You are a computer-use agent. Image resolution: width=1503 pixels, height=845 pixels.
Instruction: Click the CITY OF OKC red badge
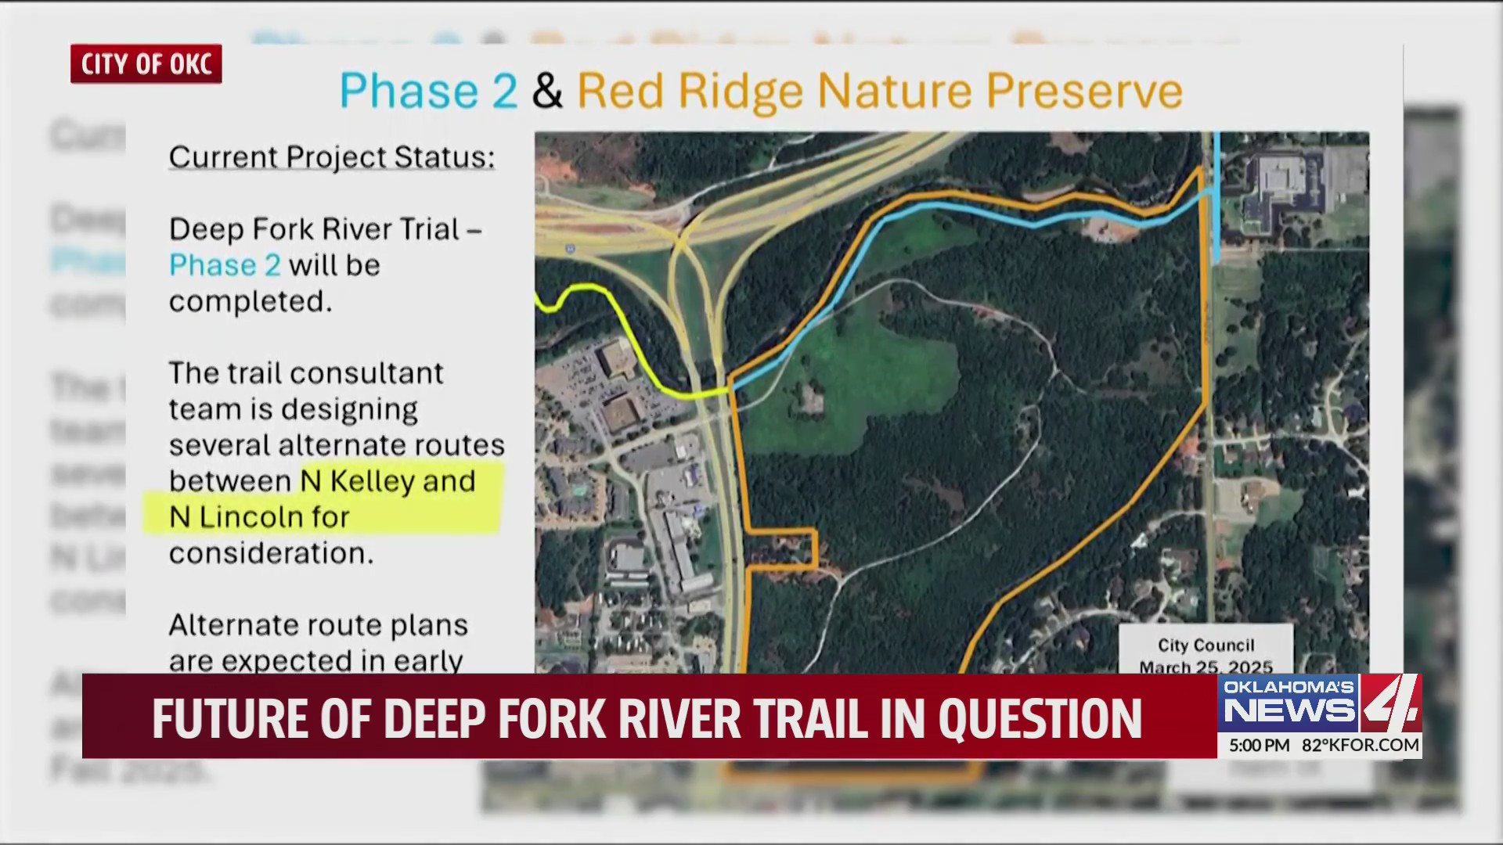point(146,63)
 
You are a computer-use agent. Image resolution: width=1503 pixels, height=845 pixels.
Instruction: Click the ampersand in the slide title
point(547,92)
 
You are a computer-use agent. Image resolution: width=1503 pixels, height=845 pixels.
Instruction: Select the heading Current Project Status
point(331,157)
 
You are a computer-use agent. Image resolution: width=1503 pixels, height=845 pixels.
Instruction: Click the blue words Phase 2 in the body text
point(225,265)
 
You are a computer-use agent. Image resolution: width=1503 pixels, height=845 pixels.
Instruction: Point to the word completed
point(250,301)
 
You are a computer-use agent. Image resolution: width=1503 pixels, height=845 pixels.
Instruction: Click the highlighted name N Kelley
point(357,480)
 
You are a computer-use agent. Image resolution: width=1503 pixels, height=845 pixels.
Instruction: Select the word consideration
point(271,553)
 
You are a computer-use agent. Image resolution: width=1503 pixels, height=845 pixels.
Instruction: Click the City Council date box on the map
point(1206,651)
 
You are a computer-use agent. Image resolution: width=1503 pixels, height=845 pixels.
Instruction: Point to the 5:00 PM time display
point(1259,746)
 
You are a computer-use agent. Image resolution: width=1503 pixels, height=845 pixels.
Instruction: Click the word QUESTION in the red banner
point(1040,718)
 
